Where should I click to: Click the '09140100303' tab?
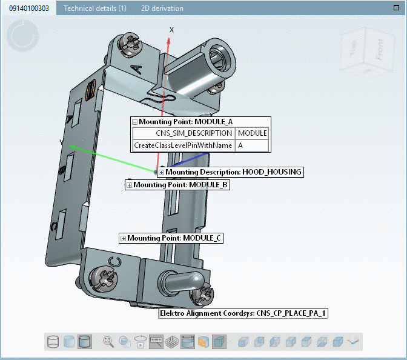(x=28, y=8)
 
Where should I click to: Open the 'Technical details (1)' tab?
(x=95, y=8)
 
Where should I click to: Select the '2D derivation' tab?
(x=162, y=8)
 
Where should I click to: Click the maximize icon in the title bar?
(x=396, y=8)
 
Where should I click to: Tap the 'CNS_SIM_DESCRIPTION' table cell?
(x=185, y=133)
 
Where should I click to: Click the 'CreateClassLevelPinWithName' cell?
(x=184, y=145)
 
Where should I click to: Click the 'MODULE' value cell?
(x=251, y=133)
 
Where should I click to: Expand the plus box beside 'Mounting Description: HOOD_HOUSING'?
(x=162, y=172)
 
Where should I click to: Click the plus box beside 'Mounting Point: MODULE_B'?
(x=130, y=185)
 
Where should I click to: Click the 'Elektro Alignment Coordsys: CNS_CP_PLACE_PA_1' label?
(x=243, y=313)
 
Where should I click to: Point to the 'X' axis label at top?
(x=171, y=30)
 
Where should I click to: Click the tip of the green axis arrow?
(x=69, y=145)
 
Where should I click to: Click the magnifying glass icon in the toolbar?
(x=108, y=342)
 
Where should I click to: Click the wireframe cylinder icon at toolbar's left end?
(x=53, y=342)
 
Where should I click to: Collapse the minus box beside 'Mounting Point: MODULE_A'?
(x=135, y=122)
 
